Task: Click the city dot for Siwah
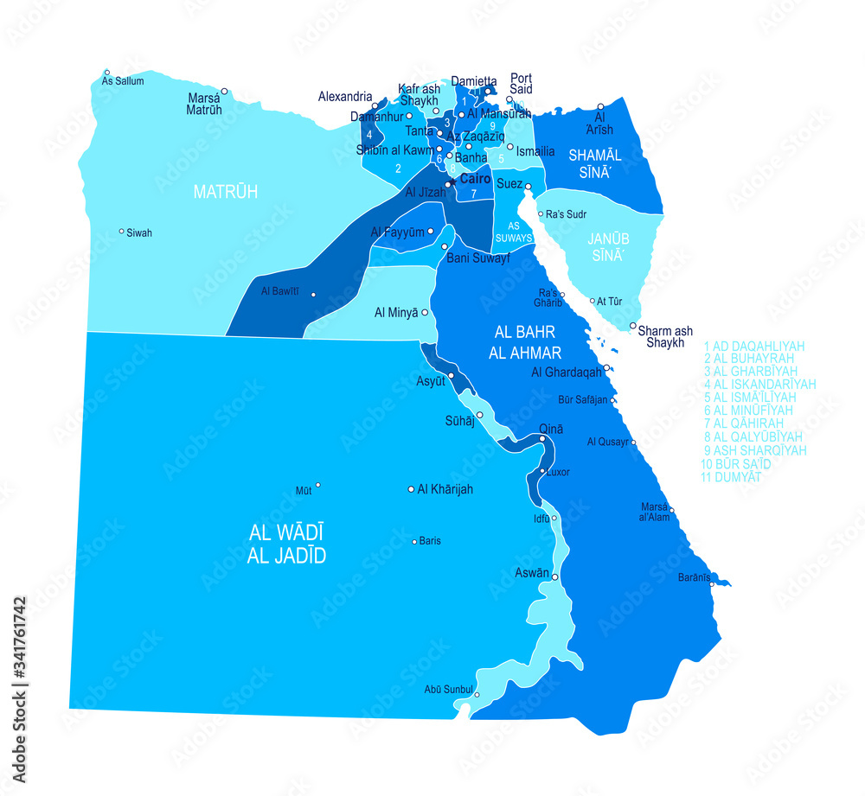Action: pos(121,232)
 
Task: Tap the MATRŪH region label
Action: pos(226,191)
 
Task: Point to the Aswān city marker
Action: pos(555,576)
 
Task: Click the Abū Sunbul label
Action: pos(448,689)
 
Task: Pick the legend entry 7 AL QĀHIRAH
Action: pos(743,423)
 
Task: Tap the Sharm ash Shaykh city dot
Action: pos(633,326)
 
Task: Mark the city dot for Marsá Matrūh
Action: pos(224,91)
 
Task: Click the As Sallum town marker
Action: pos(107,73)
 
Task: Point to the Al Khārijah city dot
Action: pos(411,489)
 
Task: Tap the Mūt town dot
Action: pos(318,486)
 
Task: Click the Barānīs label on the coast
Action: pos(693,576)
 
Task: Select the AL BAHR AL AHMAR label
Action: pos(525,342)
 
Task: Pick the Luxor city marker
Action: pos(541,472)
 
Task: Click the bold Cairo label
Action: pos(475,179)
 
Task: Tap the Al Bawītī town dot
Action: pos(313,296)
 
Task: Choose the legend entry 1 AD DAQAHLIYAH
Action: pos(754,346)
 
